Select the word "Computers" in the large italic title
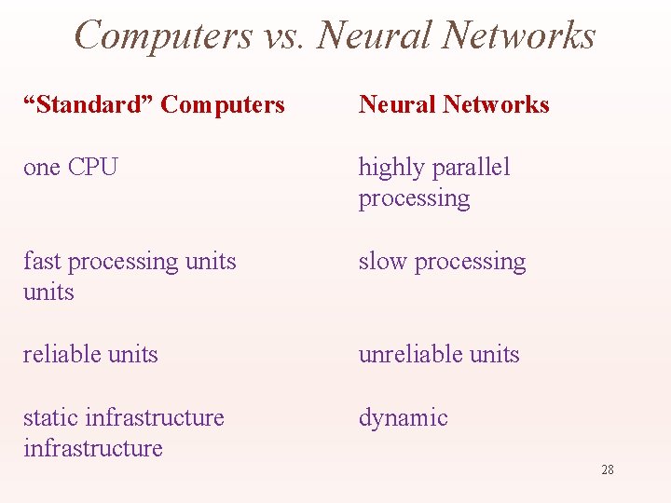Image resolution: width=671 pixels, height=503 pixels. pyautogui.click(x=163, y=35)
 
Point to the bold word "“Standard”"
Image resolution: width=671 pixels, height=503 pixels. pyautogui.click(x=89, y=104)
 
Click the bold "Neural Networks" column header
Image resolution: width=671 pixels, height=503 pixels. pyautogui.click(x=454, y=104)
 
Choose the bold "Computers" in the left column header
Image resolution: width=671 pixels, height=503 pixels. pyautogui.click(x=223, y=104)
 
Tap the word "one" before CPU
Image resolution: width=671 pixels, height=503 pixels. pyautogui.click(x=42, y=168)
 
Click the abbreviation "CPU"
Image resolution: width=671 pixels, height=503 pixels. pyautogui.click(x=93, y=168)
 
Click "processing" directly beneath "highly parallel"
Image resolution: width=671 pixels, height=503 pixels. pyautogui.click(x=414, y=198)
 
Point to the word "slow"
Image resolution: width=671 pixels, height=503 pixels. pyautogui.click(x=383, y=262)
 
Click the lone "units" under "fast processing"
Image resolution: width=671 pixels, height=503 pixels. pyautogui.click(x=48, y=292)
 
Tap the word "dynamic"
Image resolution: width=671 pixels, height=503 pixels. pyautogui.click(x=403, y=418)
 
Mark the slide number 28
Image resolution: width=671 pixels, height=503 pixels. pyautogui.click(x=608, y=469)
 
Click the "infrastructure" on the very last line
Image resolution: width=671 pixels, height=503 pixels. pyautogui.click(x=92, y=448)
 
